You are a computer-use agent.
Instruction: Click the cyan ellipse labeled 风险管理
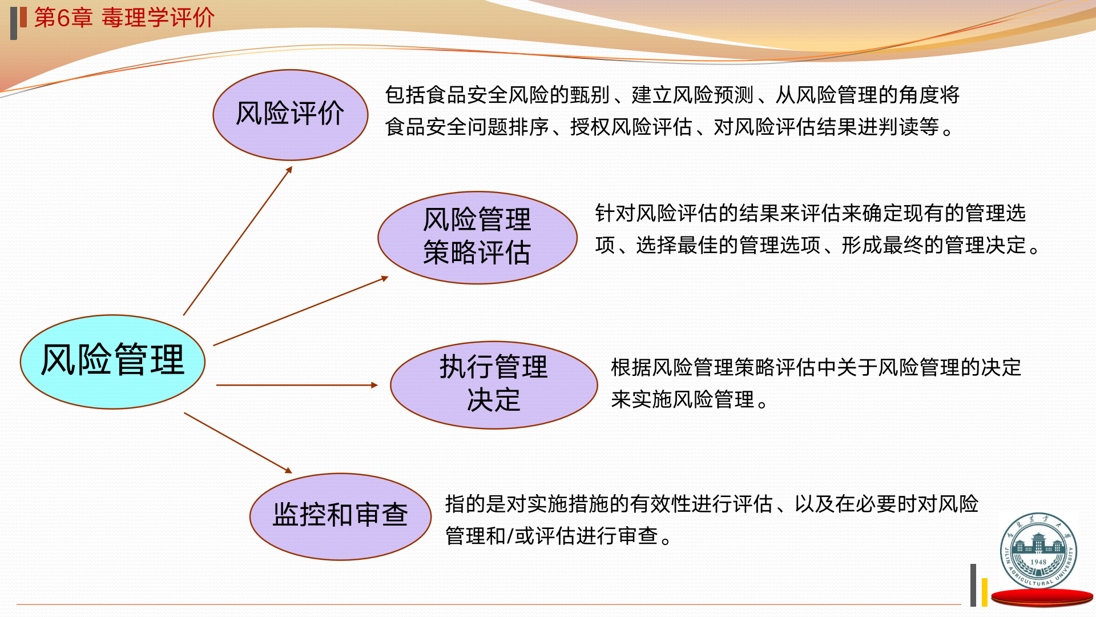click(x=112, y=362)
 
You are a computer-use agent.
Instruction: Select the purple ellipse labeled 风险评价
click(x=290, y=114)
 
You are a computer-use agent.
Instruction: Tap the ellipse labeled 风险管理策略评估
click(x=477, y=237)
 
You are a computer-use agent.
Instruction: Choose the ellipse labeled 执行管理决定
click(x=494, y=384)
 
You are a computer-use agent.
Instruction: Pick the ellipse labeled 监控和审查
click(x=340, y=516)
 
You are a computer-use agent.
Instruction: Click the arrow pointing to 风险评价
click(x=237, y=241)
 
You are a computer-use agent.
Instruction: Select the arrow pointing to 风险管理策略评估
click(x=301, y=311)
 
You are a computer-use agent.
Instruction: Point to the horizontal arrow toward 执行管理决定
click(x=297, y=385)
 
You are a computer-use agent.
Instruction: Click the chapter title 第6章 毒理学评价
click(x=124, y=18)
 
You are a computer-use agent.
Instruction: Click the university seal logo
click(x=1038, y=550)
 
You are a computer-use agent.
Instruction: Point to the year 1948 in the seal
click(x=1038, y=562)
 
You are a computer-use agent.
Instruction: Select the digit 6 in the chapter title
click(x=63, y=18)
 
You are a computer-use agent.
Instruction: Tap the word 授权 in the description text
click(x=590, y=127)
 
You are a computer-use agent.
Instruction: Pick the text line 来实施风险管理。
click(x=690, y=399)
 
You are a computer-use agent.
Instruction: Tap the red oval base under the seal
click(x=1042, y=598)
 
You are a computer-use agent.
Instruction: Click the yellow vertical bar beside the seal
click(x=985, y=592)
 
